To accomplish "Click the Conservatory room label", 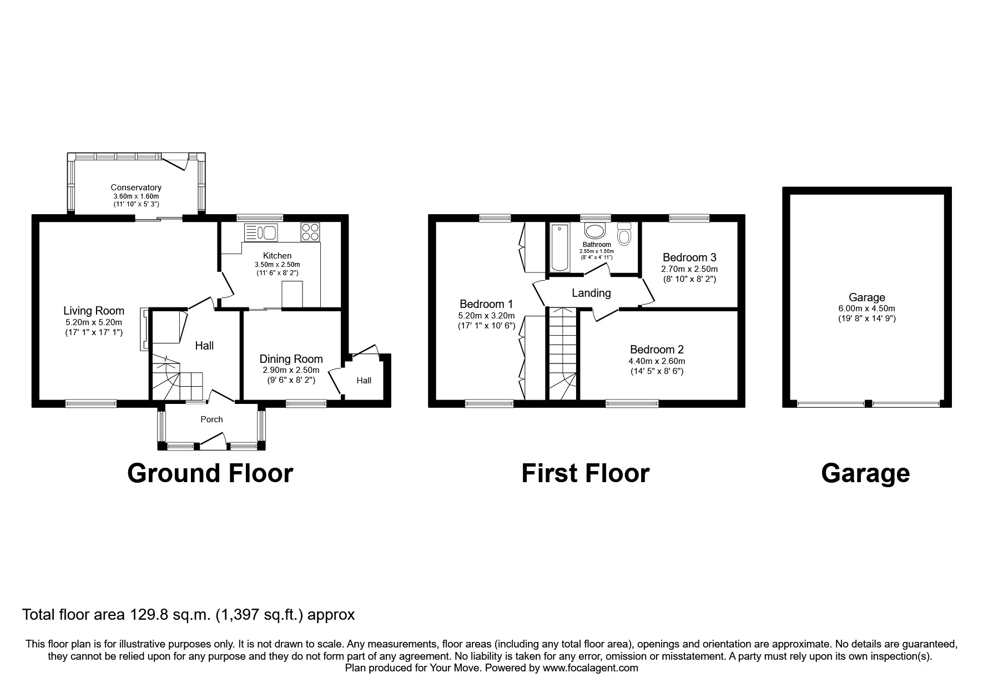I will (136, 188).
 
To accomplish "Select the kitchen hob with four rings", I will (310, 231).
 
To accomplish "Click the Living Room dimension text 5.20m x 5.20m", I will (94, 322).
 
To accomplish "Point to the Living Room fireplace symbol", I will (144, 330).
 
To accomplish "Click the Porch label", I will (211, 419).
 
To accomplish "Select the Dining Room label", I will (291, 359).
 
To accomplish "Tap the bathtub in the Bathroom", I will (559, 247).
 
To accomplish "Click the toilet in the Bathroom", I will (624, 235).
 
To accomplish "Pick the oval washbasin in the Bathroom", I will (596, 232).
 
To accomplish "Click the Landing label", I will (591, 293).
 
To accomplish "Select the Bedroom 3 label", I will (689, 257).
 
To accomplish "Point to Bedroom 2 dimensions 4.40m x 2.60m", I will (657, 361).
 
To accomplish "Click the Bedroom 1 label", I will (486, 304).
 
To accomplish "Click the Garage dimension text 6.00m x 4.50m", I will (866, 308).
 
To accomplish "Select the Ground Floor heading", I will (210, 473).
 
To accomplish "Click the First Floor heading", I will (585, 473).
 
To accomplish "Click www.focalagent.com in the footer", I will (590, 668).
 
